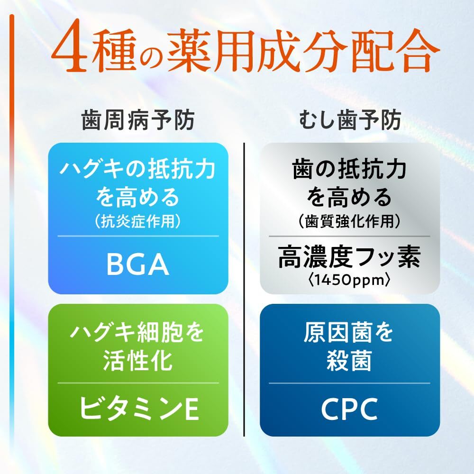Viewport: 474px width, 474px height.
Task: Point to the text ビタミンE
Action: pyautogui.click(x=138, y=408)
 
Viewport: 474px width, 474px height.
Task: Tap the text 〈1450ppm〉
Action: pyautogui.click(x=349, y=281)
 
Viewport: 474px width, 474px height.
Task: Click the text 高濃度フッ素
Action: pyautogui.click(x=349, y=259)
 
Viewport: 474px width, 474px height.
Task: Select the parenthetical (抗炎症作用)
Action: pyautogui.click(x=138, y=221)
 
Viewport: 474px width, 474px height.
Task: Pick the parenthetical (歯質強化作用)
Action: pyautogui.click(x=349, y=221)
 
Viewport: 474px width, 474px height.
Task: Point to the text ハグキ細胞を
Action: pyautogui.click(x=138, y=333)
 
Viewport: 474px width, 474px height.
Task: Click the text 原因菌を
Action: pyautogui.click(x=349, y=333)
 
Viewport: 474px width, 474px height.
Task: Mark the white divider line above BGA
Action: pyautogui.click(x=138, y=236)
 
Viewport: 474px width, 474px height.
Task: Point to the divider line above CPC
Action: pyautogui.click(x=349, y=383)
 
